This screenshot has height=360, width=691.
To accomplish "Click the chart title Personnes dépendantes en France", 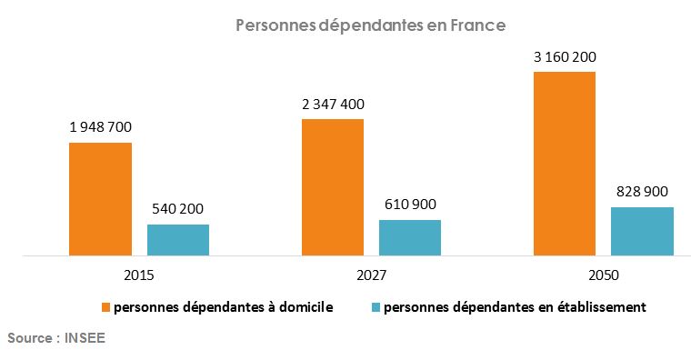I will point(370,26).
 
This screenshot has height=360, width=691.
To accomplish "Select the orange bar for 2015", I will point(101,199).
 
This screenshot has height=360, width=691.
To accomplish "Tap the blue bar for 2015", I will point(178,240).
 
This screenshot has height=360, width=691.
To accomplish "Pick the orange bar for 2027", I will point(333,187).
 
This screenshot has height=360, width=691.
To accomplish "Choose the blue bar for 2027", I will point(410,237).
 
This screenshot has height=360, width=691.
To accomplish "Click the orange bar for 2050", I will point(565,164).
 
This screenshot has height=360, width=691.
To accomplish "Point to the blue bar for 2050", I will point(642,231).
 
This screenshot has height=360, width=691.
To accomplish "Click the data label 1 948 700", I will point(101,127).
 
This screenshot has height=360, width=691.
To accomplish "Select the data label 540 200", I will point(178,208).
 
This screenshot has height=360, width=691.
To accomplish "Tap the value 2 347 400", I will point(333,104).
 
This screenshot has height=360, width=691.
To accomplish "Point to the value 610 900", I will point(410,204).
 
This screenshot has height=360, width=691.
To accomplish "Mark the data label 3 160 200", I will point(565,57).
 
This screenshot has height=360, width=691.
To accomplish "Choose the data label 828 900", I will point(642,192).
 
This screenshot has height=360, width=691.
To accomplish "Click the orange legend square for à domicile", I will point(105,307).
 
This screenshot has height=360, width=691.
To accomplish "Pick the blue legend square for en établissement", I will point(376,307).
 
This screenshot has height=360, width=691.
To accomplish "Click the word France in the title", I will point(478,26).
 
